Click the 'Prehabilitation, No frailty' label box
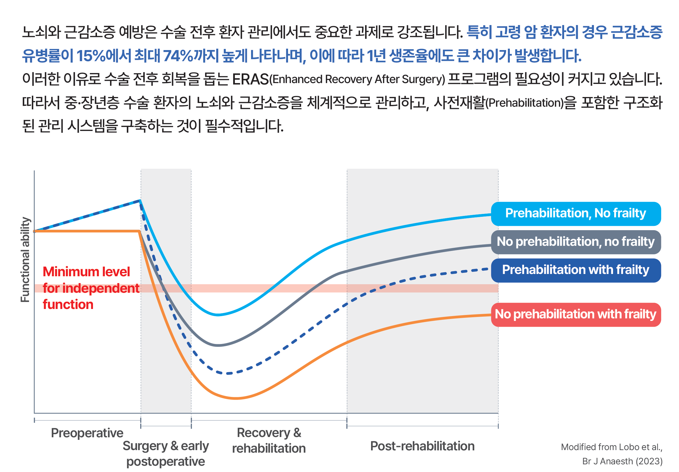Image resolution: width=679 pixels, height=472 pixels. [575, 213]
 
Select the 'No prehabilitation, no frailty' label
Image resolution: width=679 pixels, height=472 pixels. [575, 242]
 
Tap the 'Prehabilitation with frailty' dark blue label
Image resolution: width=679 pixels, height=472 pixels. [575, 270]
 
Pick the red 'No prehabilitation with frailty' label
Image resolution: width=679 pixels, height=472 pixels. [575, 314]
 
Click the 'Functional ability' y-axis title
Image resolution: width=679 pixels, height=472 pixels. [25, 259]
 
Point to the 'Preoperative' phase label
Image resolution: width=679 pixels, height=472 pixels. [87, 433]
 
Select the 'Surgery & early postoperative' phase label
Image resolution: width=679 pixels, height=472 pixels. [165, 454]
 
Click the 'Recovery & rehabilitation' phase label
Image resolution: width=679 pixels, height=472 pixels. [269, 440]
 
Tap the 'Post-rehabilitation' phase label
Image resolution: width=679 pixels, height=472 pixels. [422, 446]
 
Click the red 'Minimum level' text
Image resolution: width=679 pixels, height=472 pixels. [86, 271]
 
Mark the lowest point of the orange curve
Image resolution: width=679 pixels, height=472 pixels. [236, 399]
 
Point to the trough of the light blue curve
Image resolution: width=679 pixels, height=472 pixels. [218, 315]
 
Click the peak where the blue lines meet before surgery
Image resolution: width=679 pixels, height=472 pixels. [140, 201]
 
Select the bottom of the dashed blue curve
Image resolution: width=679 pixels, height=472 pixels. [228, 374]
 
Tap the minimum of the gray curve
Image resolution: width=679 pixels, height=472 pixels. [218, 345]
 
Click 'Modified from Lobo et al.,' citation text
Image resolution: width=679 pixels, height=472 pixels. [611, 447]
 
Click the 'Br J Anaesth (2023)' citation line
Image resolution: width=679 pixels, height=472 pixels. [622, 461]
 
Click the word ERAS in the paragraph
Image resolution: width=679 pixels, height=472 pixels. [250, 79]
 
